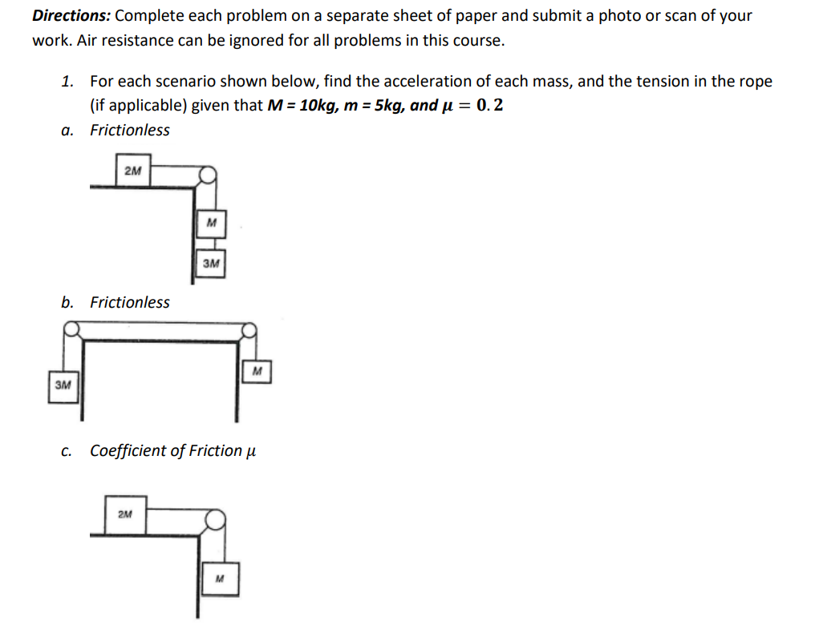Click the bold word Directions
point(70,15)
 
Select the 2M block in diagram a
point(133,171)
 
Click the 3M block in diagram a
point(211,263)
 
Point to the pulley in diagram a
point(207,174)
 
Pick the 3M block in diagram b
point(63,385)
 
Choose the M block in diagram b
point(257,371)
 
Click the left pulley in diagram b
point(72,329)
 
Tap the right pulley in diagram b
point(249,329)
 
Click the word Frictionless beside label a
point(129,130)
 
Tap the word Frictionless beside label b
point(129,302)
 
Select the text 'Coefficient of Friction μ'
point(172,451)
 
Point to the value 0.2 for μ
point(490,105)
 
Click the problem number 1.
point(68,81)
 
